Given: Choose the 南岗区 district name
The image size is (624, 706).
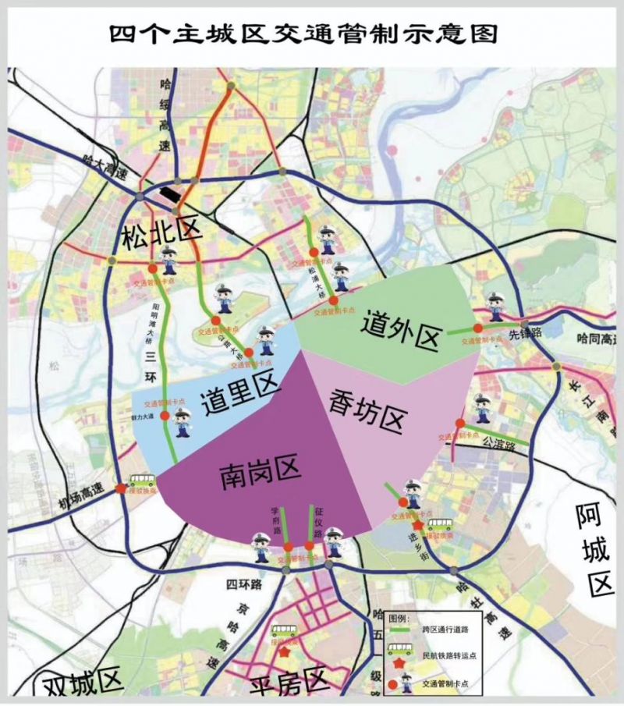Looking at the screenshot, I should (x=259, y=471).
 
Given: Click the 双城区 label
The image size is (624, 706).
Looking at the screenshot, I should (x=82, y=683).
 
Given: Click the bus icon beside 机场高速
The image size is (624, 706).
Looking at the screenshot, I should (x=142, y=480).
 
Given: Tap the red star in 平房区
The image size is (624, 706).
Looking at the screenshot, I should (x=285, y=652).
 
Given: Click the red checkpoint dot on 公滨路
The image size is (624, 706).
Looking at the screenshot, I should (x=460, y=423).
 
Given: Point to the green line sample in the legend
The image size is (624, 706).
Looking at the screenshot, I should (x=399, y=627).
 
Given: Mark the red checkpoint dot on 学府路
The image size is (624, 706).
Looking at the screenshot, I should (x=288, y=546).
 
